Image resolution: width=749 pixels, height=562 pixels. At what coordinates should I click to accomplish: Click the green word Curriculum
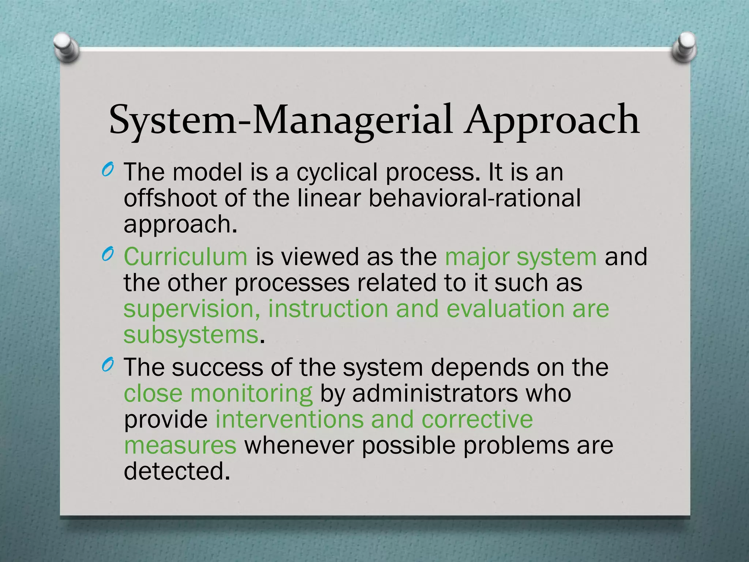point(185,256)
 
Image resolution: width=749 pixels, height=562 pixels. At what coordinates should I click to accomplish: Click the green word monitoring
point(251,394)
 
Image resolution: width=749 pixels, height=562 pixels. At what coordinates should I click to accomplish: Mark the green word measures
point(180,445)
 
